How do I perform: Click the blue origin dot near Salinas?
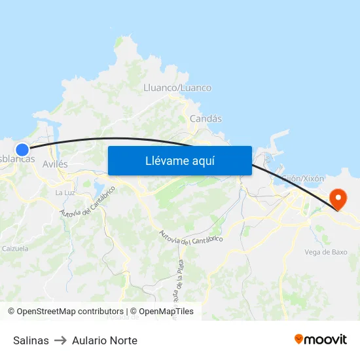(22, 150)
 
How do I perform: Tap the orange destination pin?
(338, 198)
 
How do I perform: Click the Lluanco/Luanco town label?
(177, 88)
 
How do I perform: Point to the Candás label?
(206, 118)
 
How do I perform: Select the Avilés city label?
(54, 164)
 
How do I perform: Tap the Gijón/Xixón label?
(302, 178)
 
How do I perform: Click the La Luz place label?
(64, 192)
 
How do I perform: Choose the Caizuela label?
(15, 249)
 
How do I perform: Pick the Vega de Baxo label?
(326, 252)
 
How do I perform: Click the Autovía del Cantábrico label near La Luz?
(88, 203)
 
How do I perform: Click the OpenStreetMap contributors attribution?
(65, 312)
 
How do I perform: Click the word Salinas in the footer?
(31, 340)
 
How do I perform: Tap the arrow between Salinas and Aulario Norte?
(60, 340)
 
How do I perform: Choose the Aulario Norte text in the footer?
(105, 340)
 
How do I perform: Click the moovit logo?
(321, 339)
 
